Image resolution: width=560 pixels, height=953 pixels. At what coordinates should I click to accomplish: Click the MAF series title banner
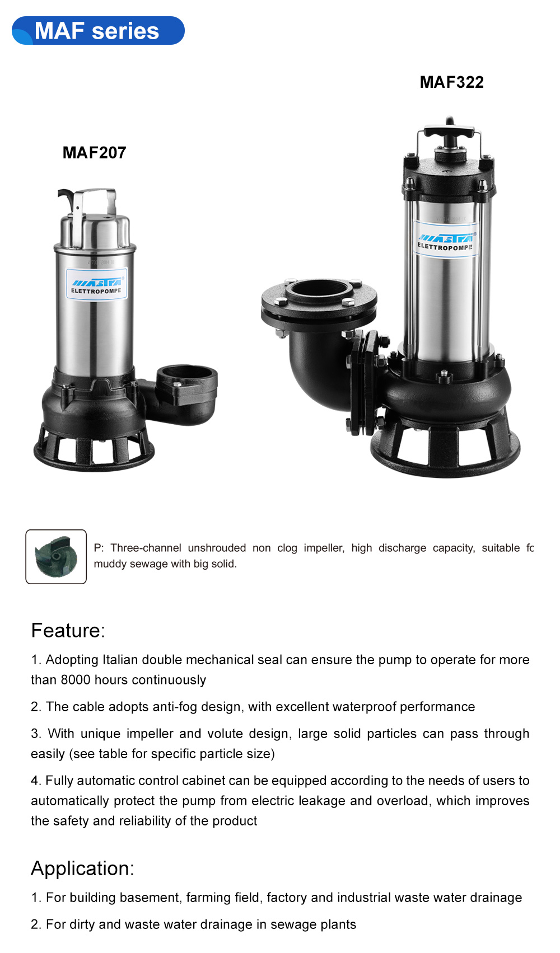[x=97, y=31]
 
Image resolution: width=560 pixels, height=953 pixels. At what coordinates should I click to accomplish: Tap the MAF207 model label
[x=94, y=153]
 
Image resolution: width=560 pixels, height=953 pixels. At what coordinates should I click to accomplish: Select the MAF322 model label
[x=451, y=82]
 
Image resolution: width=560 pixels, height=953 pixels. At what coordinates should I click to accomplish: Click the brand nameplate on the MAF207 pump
[x=96, y=285]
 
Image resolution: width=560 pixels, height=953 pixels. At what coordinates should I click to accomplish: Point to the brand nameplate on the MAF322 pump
[x=446, y=240]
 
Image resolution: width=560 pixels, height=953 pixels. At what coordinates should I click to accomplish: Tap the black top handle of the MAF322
[x=449, y=133]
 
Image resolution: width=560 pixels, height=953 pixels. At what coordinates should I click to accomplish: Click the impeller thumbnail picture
[x=56, y=556]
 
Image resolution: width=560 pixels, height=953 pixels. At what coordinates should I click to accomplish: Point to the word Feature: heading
[x=68, y=631]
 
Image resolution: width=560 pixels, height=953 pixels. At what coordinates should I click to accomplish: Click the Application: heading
[x=82, y=869]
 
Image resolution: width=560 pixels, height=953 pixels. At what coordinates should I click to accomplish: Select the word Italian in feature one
[x=120, y=660]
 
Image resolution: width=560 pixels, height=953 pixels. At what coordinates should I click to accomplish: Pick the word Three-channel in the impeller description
[x=146, y=548]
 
